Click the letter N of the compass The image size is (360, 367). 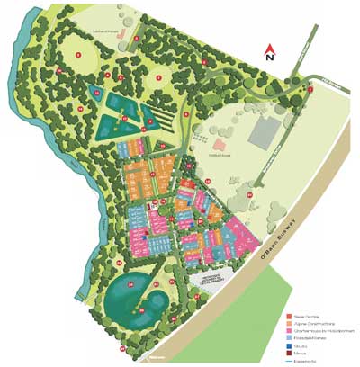[269, 57]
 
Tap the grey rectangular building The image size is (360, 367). [263, 133]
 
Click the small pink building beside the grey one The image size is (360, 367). [220, 143]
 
